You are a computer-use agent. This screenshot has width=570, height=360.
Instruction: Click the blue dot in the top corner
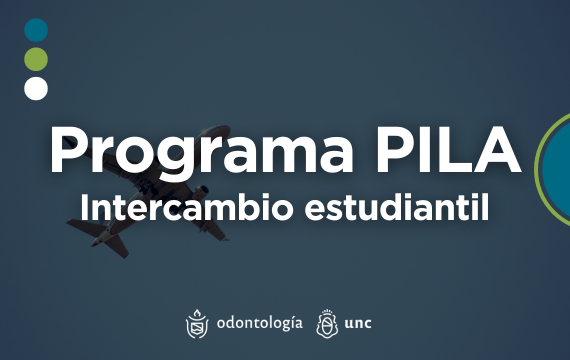coord(36,29)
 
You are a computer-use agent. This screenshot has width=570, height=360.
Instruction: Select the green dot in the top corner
coord(36,58)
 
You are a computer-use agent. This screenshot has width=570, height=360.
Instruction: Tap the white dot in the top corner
coord(36,88)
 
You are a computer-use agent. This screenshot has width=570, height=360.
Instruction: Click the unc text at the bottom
coord(357,323)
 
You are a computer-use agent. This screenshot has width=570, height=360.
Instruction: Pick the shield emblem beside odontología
coord(197,323)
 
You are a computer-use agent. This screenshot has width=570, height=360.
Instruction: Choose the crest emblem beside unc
coord(325,323)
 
